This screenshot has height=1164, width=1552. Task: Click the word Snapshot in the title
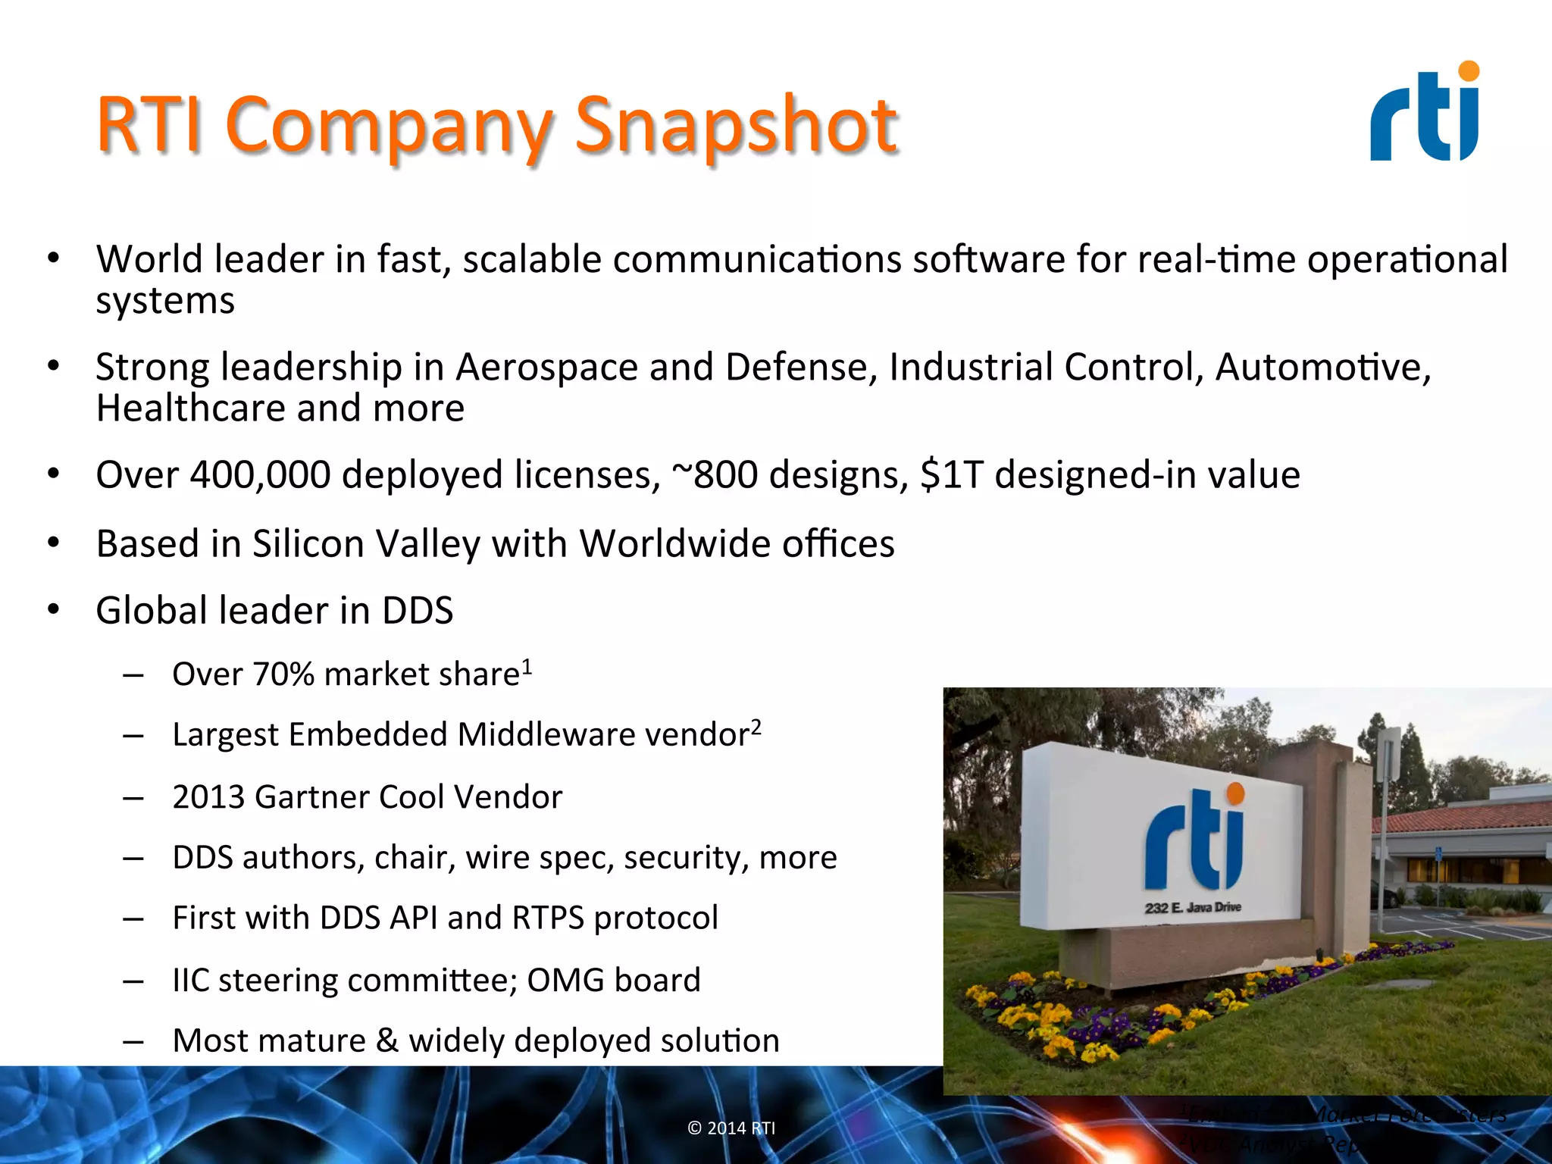735,125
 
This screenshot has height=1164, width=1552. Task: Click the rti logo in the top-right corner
1425,114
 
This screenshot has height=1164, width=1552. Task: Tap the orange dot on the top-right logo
1469,71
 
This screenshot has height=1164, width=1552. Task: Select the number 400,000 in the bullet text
260,475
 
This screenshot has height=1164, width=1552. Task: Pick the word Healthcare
191,408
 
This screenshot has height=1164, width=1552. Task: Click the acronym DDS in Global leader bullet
417,611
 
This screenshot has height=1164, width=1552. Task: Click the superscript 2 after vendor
756,726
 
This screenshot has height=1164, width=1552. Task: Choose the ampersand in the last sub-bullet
386,1040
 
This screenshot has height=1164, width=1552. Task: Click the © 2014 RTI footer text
731,1128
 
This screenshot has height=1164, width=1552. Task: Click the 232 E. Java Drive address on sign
1193,907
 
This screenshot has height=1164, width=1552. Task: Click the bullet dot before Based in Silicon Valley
53,543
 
